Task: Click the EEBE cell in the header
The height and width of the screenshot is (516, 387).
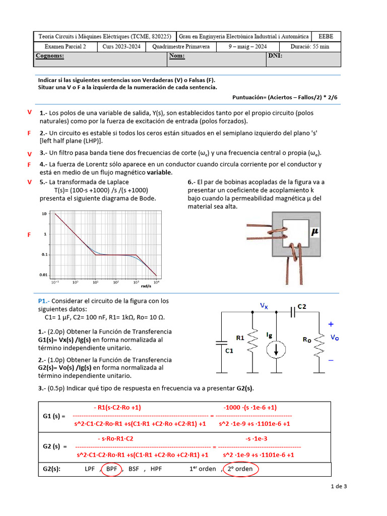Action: click(x=326, y=36)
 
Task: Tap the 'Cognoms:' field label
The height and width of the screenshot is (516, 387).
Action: click(x=50, y=56)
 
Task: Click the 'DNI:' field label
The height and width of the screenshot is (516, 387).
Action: click(x=275, y=56)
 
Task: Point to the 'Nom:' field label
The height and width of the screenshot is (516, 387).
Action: click(x=177, y=56)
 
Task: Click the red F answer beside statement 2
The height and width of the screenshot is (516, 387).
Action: click(x=29, y=133)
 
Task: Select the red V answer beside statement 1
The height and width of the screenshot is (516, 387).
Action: click(x=29, y=112)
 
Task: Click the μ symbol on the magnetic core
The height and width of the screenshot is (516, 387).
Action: click(x=315, y=232)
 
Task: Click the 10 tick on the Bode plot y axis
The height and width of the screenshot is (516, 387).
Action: click(x=44, y=214)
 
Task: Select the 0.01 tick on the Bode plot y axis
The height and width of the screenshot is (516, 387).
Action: click(x=43, y=275)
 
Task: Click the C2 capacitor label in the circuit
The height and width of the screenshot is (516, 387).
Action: click(x=302, y=306)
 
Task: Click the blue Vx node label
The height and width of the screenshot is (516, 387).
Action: click(x=264, y=305)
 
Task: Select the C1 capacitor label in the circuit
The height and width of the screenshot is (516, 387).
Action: click(x=229, y=350)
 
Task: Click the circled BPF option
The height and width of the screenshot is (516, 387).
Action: click(x=112, y=469)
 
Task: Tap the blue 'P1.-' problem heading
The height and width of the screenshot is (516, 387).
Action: click(x=45, y=301)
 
